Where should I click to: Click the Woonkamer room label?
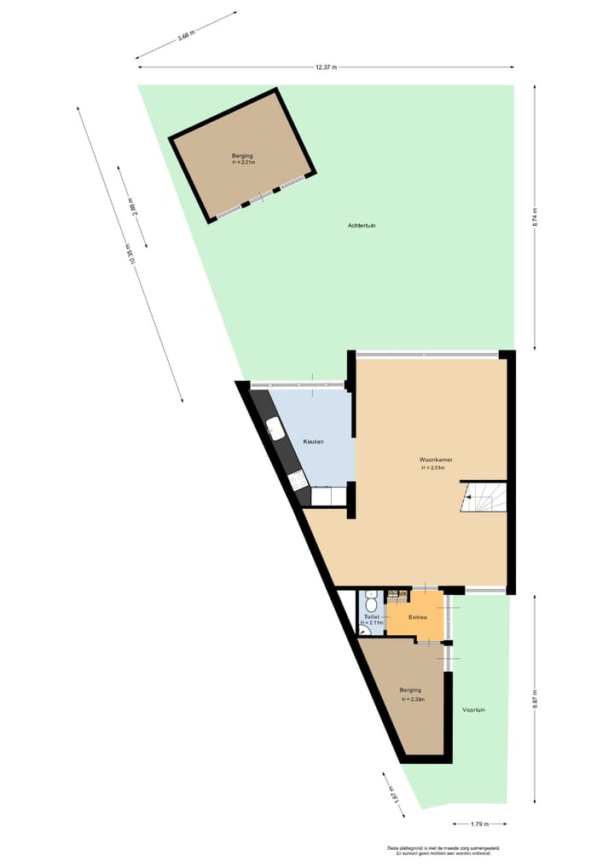click(x=436, y=460)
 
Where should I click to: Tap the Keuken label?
click(x=313, y=442)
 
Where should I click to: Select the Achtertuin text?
click(x=362, y=225)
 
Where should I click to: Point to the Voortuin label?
click(x=474, y=709)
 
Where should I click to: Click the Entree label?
click(x=417, y=617)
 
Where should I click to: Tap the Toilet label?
click(x=371, y=616)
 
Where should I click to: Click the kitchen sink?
click(x=275, y=428)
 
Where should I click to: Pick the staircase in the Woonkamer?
click(x=484, y=497)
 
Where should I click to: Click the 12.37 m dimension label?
click(x=326, y=66)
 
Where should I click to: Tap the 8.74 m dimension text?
click(x=535, y=217)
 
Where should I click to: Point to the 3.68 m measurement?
click(x=185, y=35)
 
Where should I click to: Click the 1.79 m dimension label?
click(x=480, y=824)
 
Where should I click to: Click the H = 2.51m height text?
click(x=436, y=468)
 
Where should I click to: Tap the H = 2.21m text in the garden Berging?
click(x=242, y=162)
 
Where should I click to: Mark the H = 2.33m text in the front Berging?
click(x=413, y=699)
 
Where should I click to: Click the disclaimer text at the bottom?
click(x=443, y=850)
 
